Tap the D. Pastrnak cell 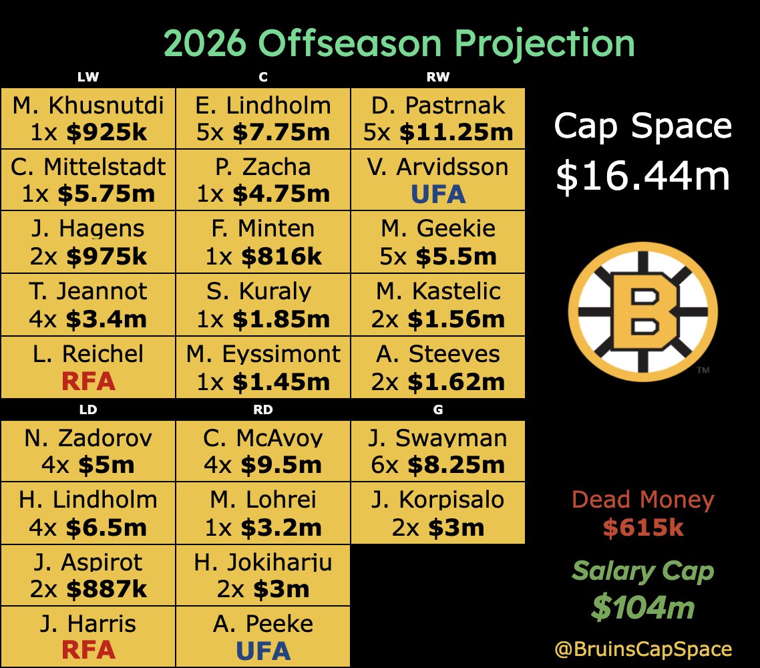(x=437, y=118)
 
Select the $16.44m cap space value (x=643, y=176)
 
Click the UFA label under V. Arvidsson (x=437, y=194)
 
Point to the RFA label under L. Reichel (x=88, y=381)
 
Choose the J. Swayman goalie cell (x=437, y=451)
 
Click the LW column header (x=88, y=77)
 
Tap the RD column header (x=263, y=410)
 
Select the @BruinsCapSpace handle (x=643, y=649)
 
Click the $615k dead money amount (x=643, y=528)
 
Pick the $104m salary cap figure (x=643, y=608)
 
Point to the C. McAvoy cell (x=263, y=451)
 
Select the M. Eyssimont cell (x=263, y=367)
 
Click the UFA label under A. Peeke (x=263, y=651)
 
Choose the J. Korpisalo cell (x=437, y=513)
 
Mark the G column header (x=437, y=410)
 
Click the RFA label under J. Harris (x=88, y=651)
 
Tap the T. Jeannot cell (x=88, y=305)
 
